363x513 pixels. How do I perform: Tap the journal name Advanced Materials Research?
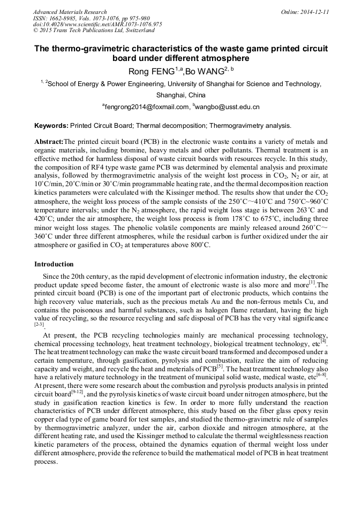pyautogui.click(x=70, y=12)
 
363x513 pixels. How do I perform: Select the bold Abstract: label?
pyautogui.click(x=49, y=142)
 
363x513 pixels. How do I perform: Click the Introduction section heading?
pyautogui.click(x=54, y=264)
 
